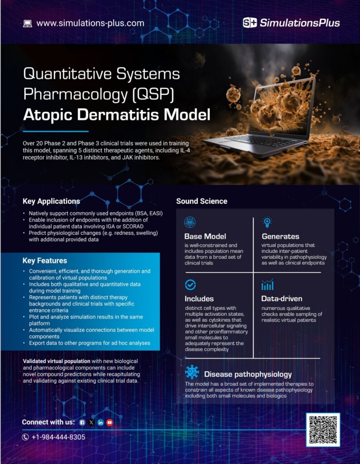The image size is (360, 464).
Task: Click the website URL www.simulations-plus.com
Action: pyautogui.click(x=90, y=23)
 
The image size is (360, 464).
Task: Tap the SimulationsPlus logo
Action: pyautogui.click(x=291, y=23)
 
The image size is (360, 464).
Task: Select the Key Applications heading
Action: pyautogui.click(x=51, y=201)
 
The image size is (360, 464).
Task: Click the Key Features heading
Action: pyautogui.click(x=45, y=261)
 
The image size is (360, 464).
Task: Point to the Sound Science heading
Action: pyautogui.click(x=202, y=201)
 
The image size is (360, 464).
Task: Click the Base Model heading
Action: pyautogui.click(x=205, y=236)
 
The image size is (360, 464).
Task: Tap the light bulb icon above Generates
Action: pyautogui.click(x=267, y=222)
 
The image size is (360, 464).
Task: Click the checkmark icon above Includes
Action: pyautogui.click(x=190, y=285)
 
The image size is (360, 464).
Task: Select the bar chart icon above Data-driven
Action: pyautogui.click(x=267, y=285)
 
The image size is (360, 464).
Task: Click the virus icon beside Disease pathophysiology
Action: pyautogui.click(x=192, y=372)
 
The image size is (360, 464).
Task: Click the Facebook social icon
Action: pyautogui.click(x=82, y=422)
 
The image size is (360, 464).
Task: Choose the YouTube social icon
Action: pyautogui.click(x=109, y=422)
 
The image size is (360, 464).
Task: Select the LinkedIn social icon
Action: pyautogui.click(x=100, y=422)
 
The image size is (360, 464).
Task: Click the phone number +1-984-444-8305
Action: pyautogui.click(x=58, y=437)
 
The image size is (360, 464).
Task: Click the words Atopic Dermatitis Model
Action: pyautogui.click(x=117, y=115)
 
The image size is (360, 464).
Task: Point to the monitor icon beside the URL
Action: pyautogui.click(x=27, y=24)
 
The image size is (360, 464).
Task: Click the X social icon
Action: pyautogui.click(x=91, y=422)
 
